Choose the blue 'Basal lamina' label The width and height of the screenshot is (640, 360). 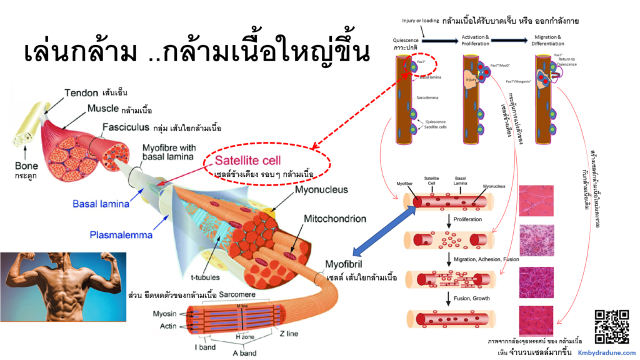[99, 204]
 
